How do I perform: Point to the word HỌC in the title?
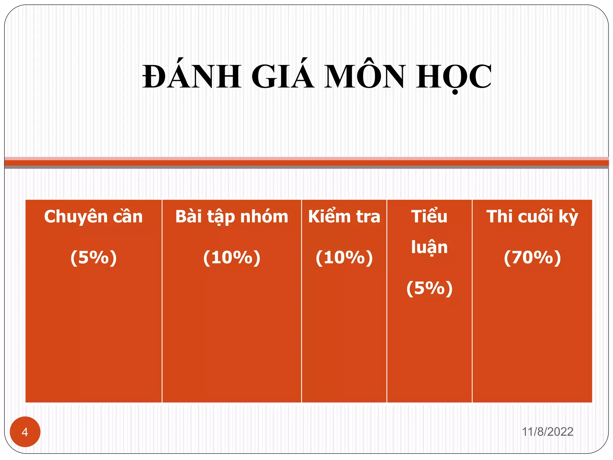(453, 77)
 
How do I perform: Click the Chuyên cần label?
(93, 217)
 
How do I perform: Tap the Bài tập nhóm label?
(232, 217)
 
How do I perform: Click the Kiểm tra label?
(344, 217)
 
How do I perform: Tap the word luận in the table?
(429, 247)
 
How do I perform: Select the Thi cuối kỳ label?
(532, 217)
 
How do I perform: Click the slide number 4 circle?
(25, 432)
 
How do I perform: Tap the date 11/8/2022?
(547, 432)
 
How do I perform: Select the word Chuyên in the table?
(76, 217)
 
